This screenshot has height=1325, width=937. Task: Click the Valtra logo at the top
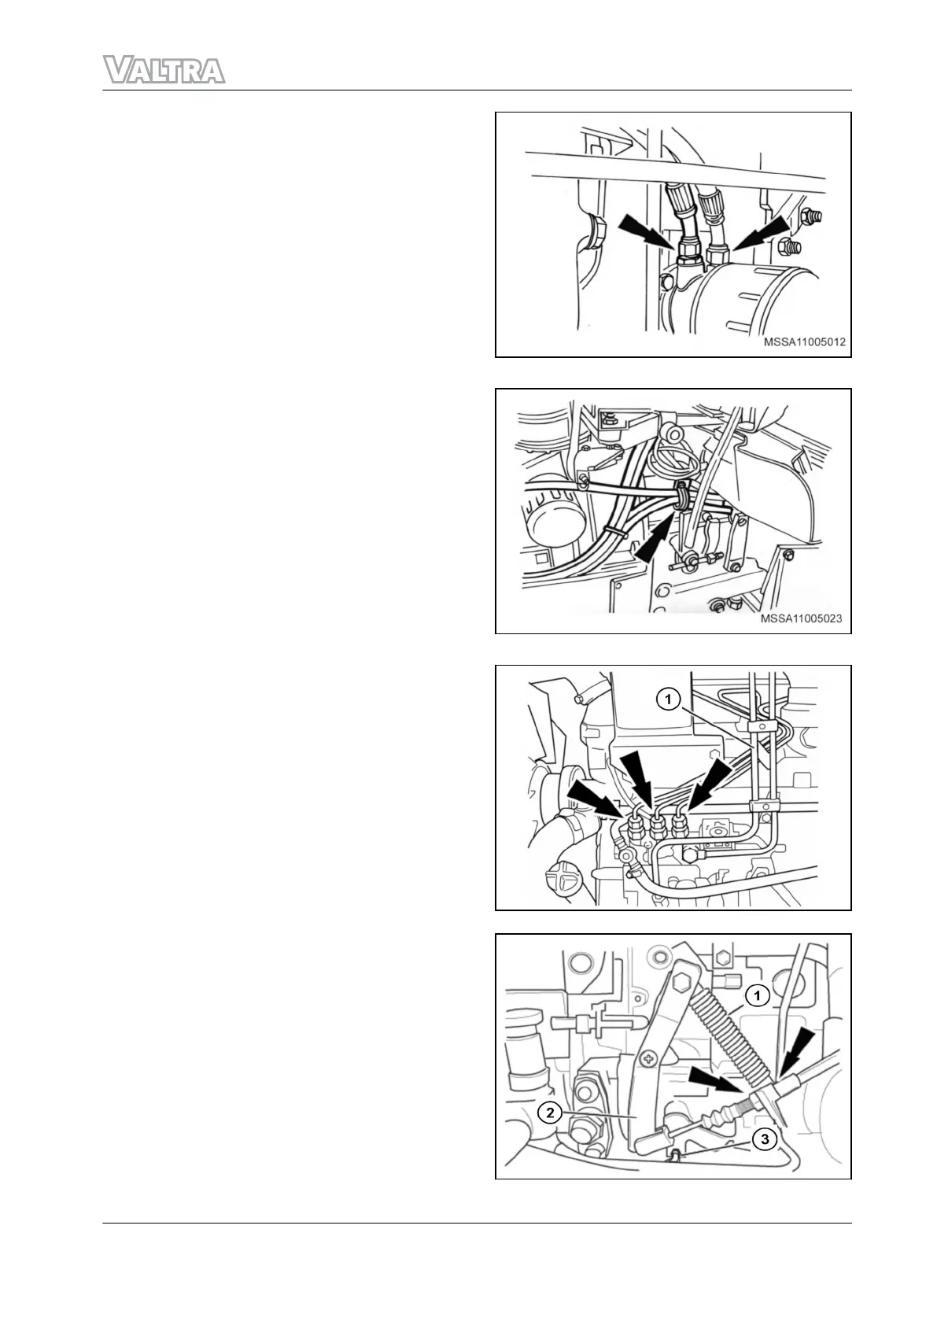tap(164, 70)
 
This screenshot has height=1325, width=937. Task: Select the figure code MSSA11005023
tap(801, 618)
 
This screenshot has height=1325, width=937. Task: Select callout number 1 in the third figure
tap(668, 699)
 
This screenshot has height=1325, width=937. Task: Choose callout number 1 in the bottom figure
tap(757, 996)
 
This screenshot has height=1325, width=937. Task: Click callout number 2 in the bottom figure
tap(549, 1113)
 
